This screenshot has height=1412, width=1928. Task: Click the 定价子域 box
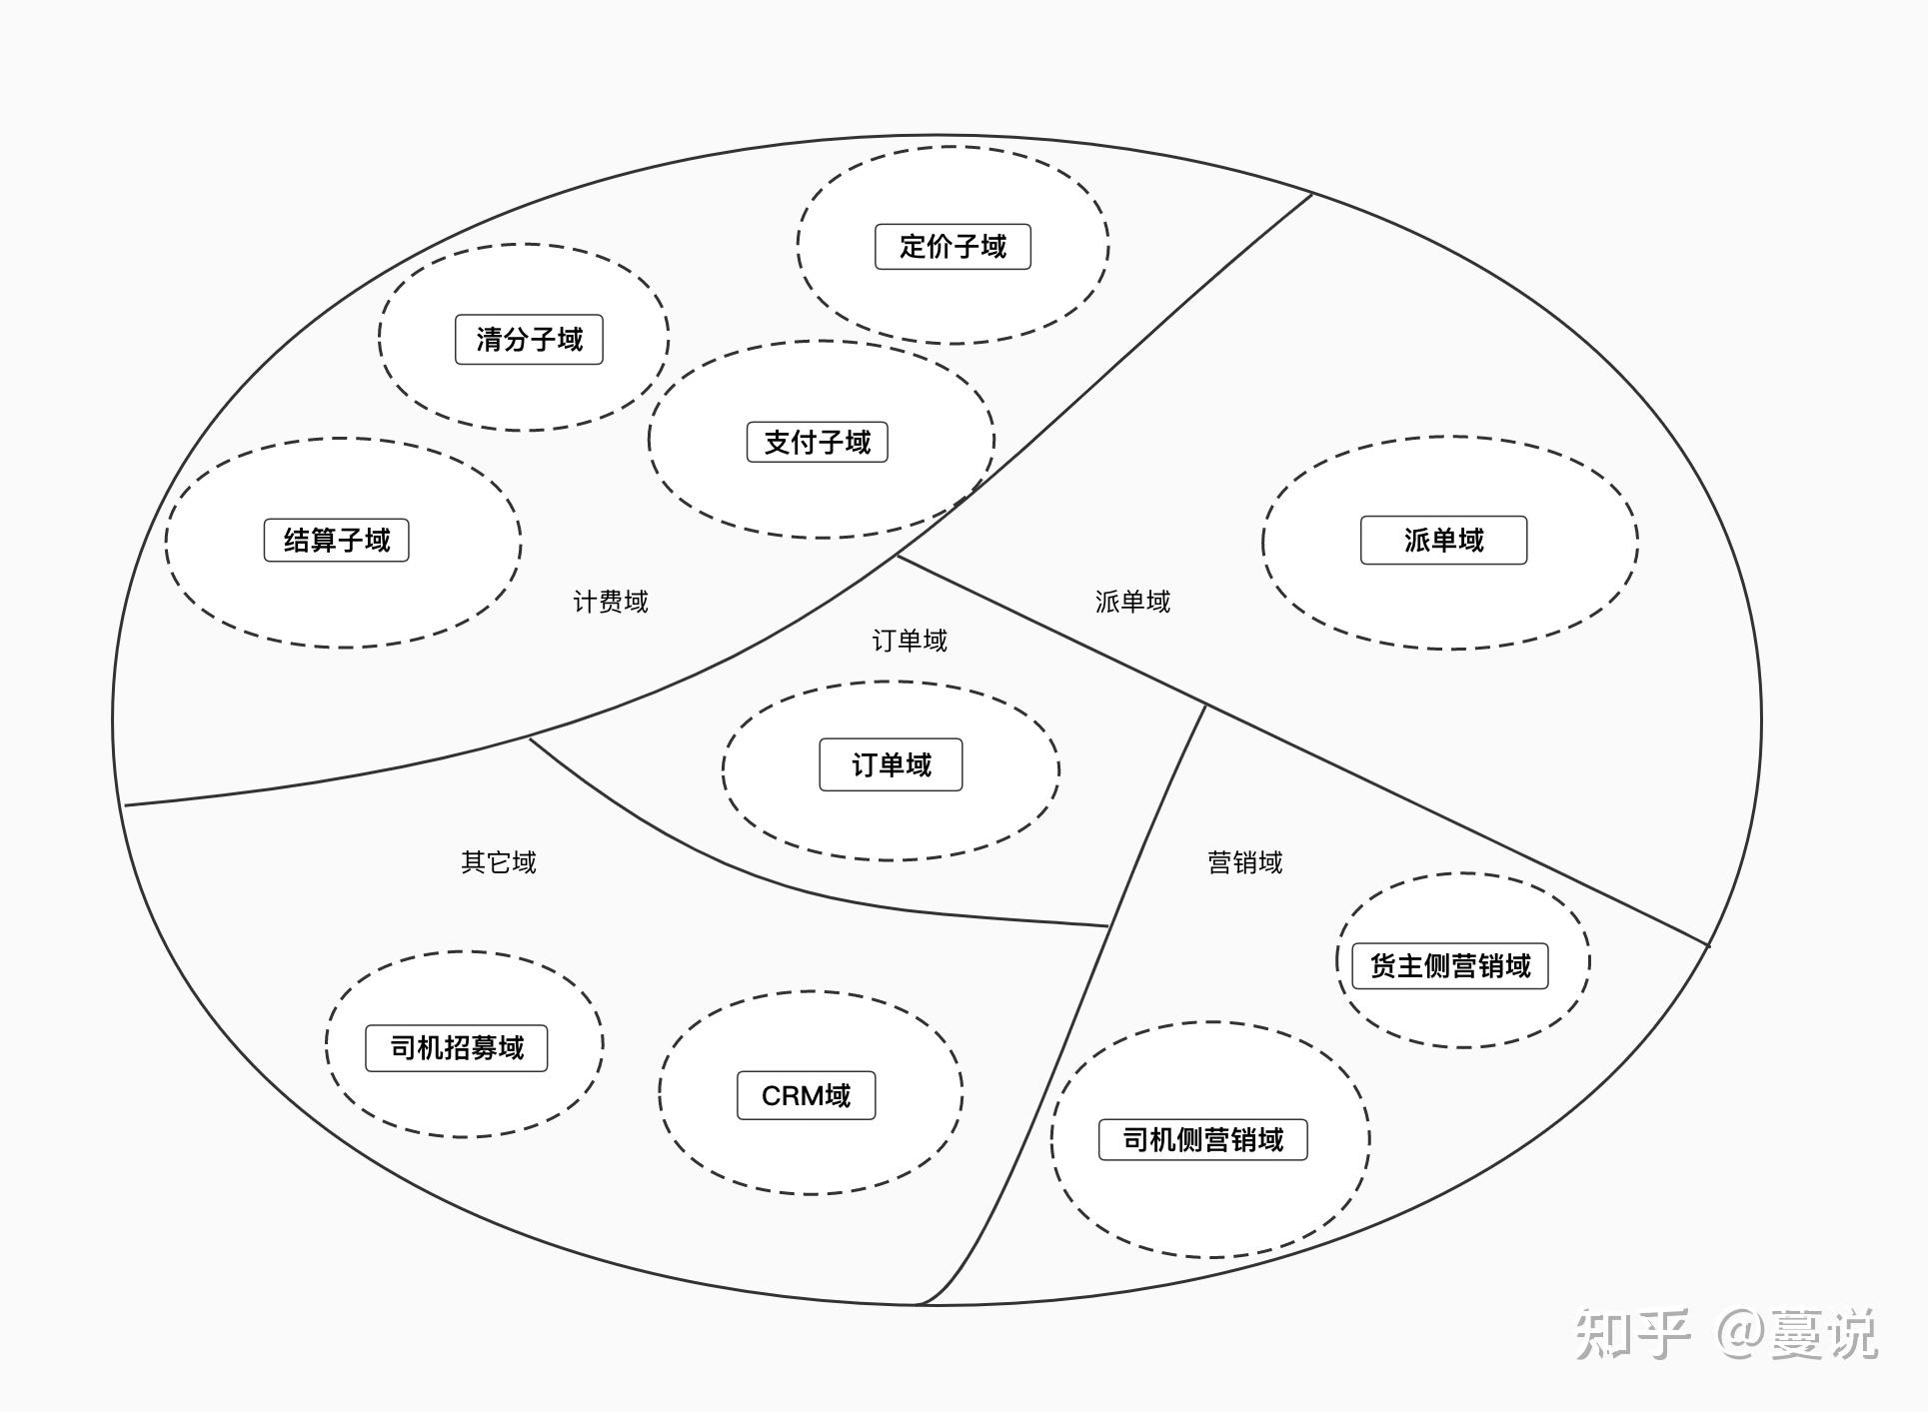coord(953,247)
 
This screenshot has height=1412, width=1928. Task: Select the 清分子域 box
coord(529,340)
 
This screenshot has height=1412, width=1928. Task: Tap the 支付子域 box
coord(817,442)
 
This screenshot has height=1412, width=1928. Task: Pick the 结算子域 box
coord(336,541)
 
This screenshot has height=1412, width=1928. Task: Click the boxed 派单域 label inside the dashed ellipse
coord(1443,541)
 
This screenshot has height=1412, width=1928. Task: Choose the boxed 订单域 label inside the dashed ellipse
coord(891,765)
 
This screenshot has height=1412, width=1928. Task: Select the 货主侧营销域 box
coord(1449,966)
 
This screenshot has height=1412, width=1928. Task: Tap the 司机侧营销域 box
coord(1202,1140)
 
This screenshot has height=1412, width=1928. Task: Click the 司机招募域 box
coord(456,1048)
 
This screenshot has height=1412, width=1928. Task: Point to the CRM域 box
coord(806,1096)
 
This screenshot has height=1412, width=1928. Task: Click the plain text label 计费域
coord(610,603)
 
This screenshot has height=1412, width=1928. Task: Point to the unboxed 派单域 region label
coord(1132,602)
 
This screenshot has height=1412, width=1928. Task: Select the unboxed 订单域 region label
coord(909,641)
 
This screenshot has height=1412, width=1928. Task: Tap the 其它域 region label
coord(498,862)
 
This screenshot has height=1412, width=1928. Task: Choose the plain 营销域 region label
coord(1244,862)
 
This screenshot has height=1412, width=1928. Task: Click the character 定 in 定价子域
coord(913,247)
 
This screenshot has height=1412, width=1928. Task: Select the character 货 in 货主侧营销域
coord(1383,966)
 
